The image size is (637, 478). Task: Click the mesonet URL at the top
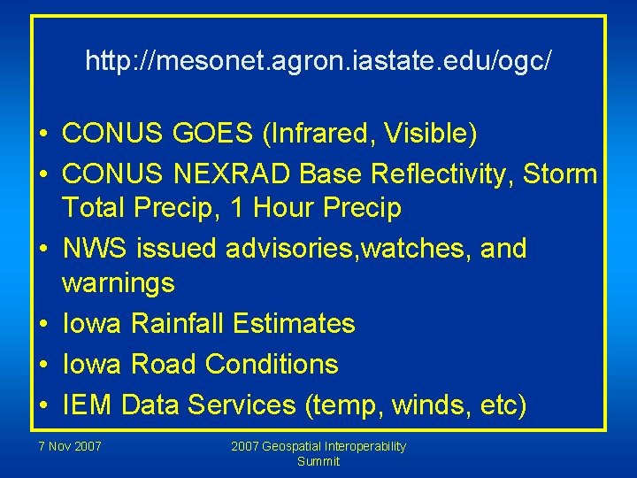point(318,61)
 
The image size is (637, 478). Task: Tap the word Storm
point(559,173)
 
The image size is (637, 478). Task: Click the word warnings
point(119,284)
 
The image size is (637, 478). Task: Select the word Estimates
point(294,324)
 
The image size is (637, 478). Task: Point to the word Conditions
point(272,364)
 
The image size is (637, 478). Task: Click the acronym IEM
point(88,405)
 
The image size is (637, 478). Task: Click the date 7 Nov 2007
point(70,446)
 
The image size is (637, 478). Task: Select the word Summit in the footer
point(318,461)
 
